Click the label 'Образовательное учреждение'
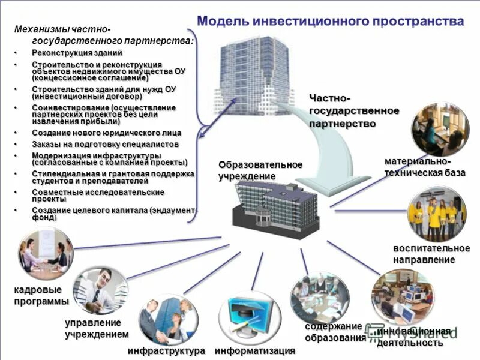260,170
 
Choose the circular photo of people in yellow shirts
436,214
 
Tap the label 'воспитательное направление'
431,254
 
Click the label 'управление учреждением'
97,328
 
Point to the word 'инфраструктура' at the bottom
166,350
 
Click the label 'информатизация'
255,350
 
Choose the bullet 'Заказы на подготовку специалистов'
105,144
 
